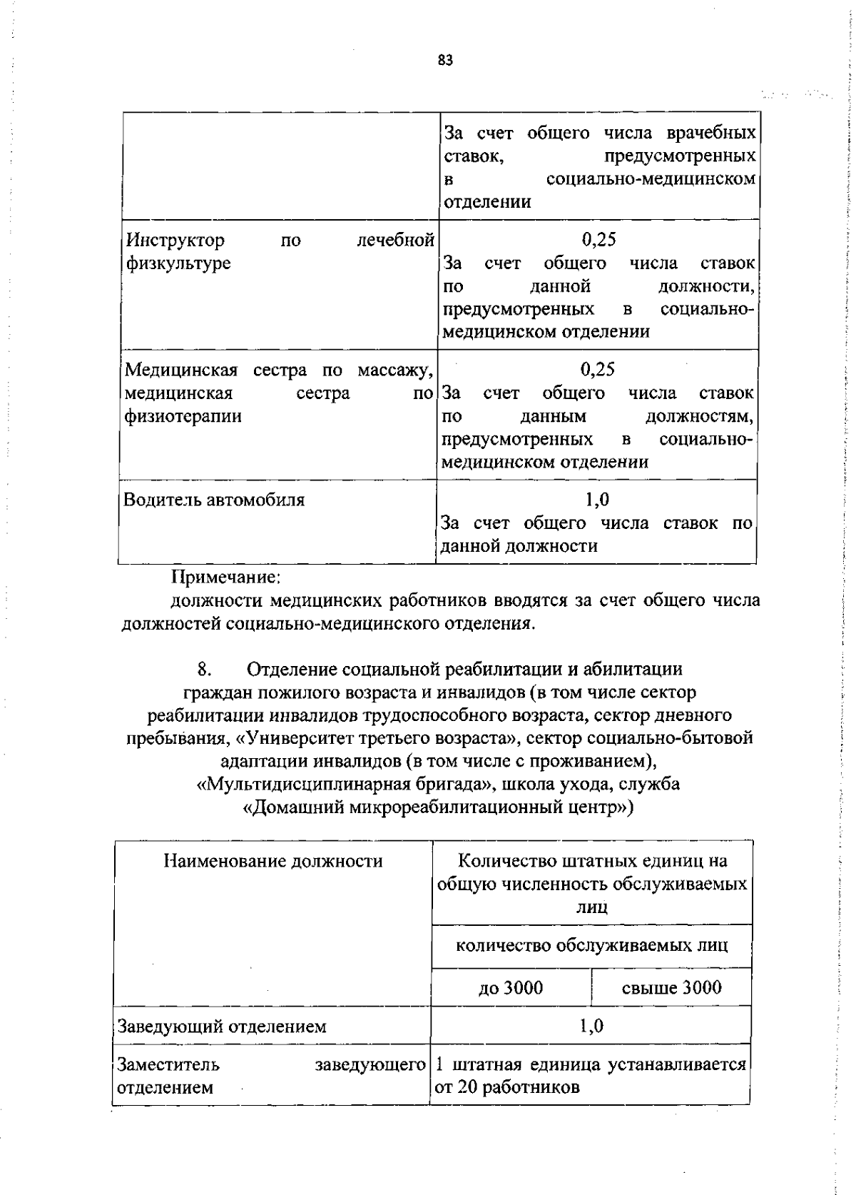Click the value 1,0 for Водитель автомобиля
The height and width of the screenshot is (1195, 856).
(x=597, y=500)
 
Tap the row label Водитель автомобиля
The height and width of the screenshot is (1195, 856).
(x=214, y=500)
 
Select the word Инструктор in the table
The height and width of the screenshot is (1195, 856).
(x=175, y=241)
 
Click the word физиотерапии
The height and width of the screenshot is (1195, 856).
(x=183, y=416)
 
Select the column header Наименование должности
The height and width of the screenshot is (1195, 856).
(x=273, y=861)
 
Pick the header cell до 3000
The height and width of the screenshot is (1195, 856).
(x=511, y=988)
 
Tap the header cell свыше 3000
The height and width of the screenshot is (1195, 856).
(x=671, y=988)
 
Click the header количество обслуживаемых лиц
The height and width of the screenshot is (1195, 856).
(x=592, y=946)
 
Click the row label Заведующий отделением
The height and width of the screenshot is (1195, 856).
(x=222, y=1027)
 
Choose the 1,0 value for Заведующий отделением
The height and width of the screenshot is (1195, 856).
(x=591, y=1027)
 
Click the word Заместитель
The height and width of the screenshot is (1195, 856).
(x=168, y=1065)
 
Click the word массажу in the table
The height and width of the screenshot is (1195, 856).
(x=395, y=370)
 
